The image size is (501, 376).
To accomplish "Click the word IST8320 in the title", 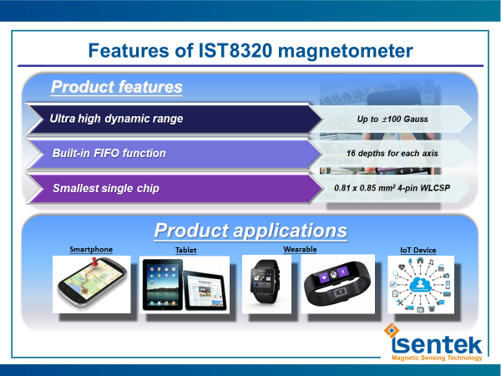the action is pos(235,50).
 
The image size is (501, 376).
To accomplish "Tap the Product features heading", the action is pos(117,87).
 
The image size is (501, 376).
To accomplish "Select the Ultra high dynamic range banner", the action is pos(175,119).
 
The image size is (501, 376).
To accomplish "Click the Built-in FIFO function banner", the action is pos(175,154).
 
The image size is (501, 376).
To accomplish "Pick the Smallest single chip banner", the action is pos(175,189).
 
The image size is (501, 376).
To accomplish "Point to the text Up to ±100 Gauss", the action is pos(392,119).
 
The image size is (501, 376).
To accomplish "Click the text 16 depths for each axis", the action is pos(392,154).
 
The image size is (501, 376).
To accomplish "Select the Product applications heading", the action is pos(250,231).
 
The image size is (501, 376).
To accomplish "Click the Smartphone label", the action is pos(91,249).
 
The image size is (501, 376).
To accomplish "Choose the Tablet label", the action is pos(185,250).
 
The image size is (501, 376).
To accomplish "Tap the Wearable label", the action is pos(300,249).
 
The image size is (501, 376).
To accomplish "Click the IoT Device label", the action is pos(418,250).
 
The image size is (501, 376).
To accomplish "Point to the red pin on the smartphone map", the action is pos(94,262).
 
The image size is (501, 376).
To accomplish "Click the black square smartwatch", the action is pos(265,282).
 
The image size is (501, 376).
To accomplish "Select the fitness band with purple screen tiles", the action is pos(337,284).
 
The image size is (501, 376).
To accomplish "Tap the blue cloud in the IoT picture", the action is pos(421,284).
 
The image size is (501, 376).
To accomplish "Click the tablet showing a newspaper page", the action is pos(205,290).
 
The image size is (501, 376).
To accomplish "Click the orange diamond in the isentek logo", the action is pos(392,330).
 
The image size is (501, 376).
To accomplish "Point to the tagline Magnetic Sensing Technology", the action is pos(437,358).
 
